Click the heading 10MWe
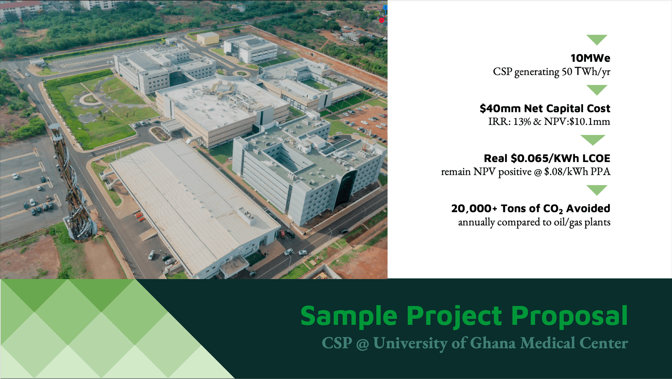point(590,58)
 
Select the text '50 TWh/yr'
point(586,72)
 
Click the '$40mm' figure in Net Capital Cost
point(500,108)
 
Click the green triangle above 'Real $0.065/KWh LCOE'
point(593,140)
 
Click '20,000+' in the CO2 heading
point(474,208)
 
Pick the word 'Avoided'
point(588,208)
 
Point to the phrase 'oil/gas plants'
point(582,222)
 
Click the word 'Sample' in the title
point(349,316)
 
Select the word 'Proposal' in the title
point(570,316)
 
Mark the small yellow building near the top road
point(208,38)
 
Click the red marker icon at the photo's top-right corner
point(381,20)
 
